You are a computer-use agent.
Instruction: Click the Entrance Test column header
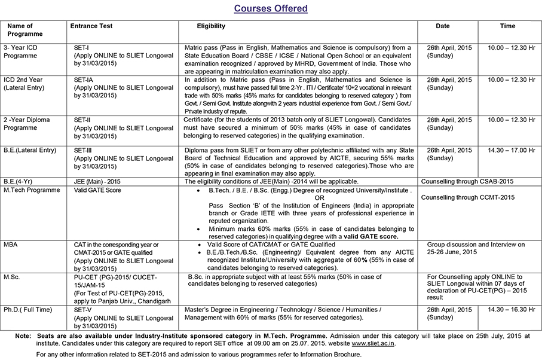[91, 26]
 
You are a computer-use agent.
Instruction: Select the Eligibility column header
[211, 26]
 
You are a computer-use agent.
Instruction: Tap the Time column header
[507, 26]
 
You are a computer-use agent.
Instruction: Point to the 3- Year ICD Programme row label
[21, 51]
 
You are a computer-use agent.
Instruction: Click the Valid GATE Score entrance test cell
[97, 190]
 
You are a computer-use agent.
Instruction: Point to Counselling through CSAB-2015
[468, 181]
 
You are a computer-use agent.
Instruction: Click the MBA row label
[11, 245]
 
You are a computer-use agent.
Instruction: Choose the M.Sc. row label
[12, 277]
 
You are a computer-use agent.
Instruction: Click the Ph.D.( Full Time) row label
[27, 310]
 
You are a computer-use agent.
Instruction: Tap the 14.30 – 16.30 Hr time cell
[512, 310]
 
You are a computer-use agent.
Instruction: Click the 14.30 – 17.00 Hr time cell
[512, 150]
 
